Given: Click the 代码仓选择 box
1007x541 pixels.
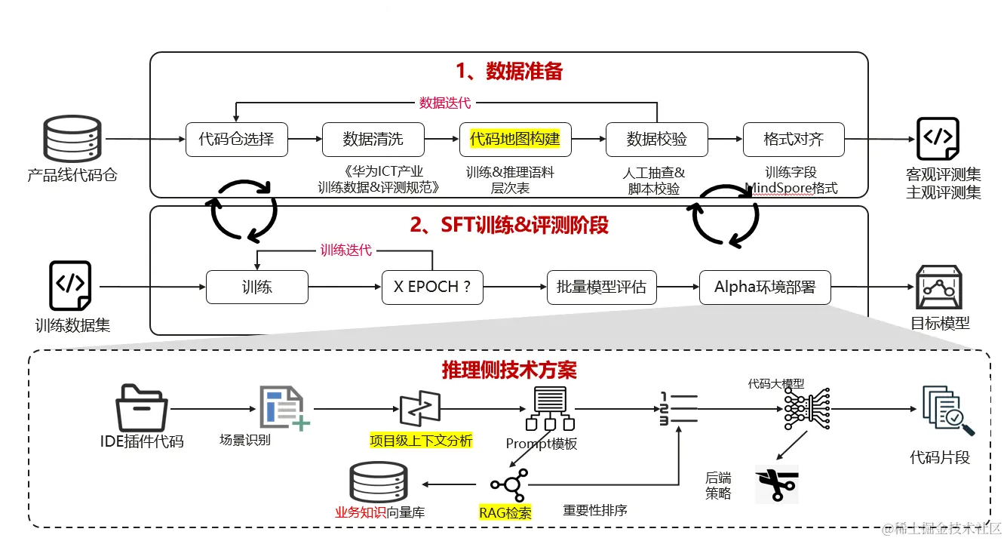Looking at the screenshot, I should [237, 140].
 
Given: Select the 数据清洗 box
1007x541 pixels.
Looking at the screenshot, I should [373, 140].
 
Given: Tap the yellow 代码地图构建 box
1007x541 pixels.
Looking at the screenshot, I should [515, 140].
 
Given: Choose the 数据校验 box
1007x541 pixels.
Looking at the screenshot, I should [657, 140].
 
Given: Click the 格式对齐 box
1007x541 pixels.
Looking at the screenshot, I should [794, 140].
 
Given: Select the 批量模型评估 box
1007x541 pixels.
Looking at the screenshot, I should [601, 287].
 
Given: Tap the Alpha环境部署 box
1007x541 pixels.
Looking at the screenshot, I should [765, 287].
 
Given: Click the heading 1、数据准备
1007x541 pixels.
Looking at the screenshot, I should [509, 72].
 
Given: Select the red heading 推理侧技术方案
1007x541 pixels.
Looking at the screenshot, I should [509, 370].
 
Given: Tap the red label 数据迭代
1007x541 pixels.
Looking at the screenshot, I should [445, 103].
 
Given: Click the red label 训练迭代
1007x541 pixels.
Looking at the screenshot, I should [346, 251].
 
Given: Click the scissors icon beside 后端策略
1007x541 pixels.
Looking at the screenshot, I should [776, 484].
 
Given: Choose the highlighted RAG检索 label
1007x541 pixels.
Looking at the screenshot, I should [505, 513].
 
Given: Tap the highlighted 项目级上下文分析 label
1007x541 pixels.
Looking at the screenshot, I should [421, 441].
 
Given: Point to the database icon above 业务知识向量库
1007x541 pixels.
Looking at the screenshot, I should [379, 482].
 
